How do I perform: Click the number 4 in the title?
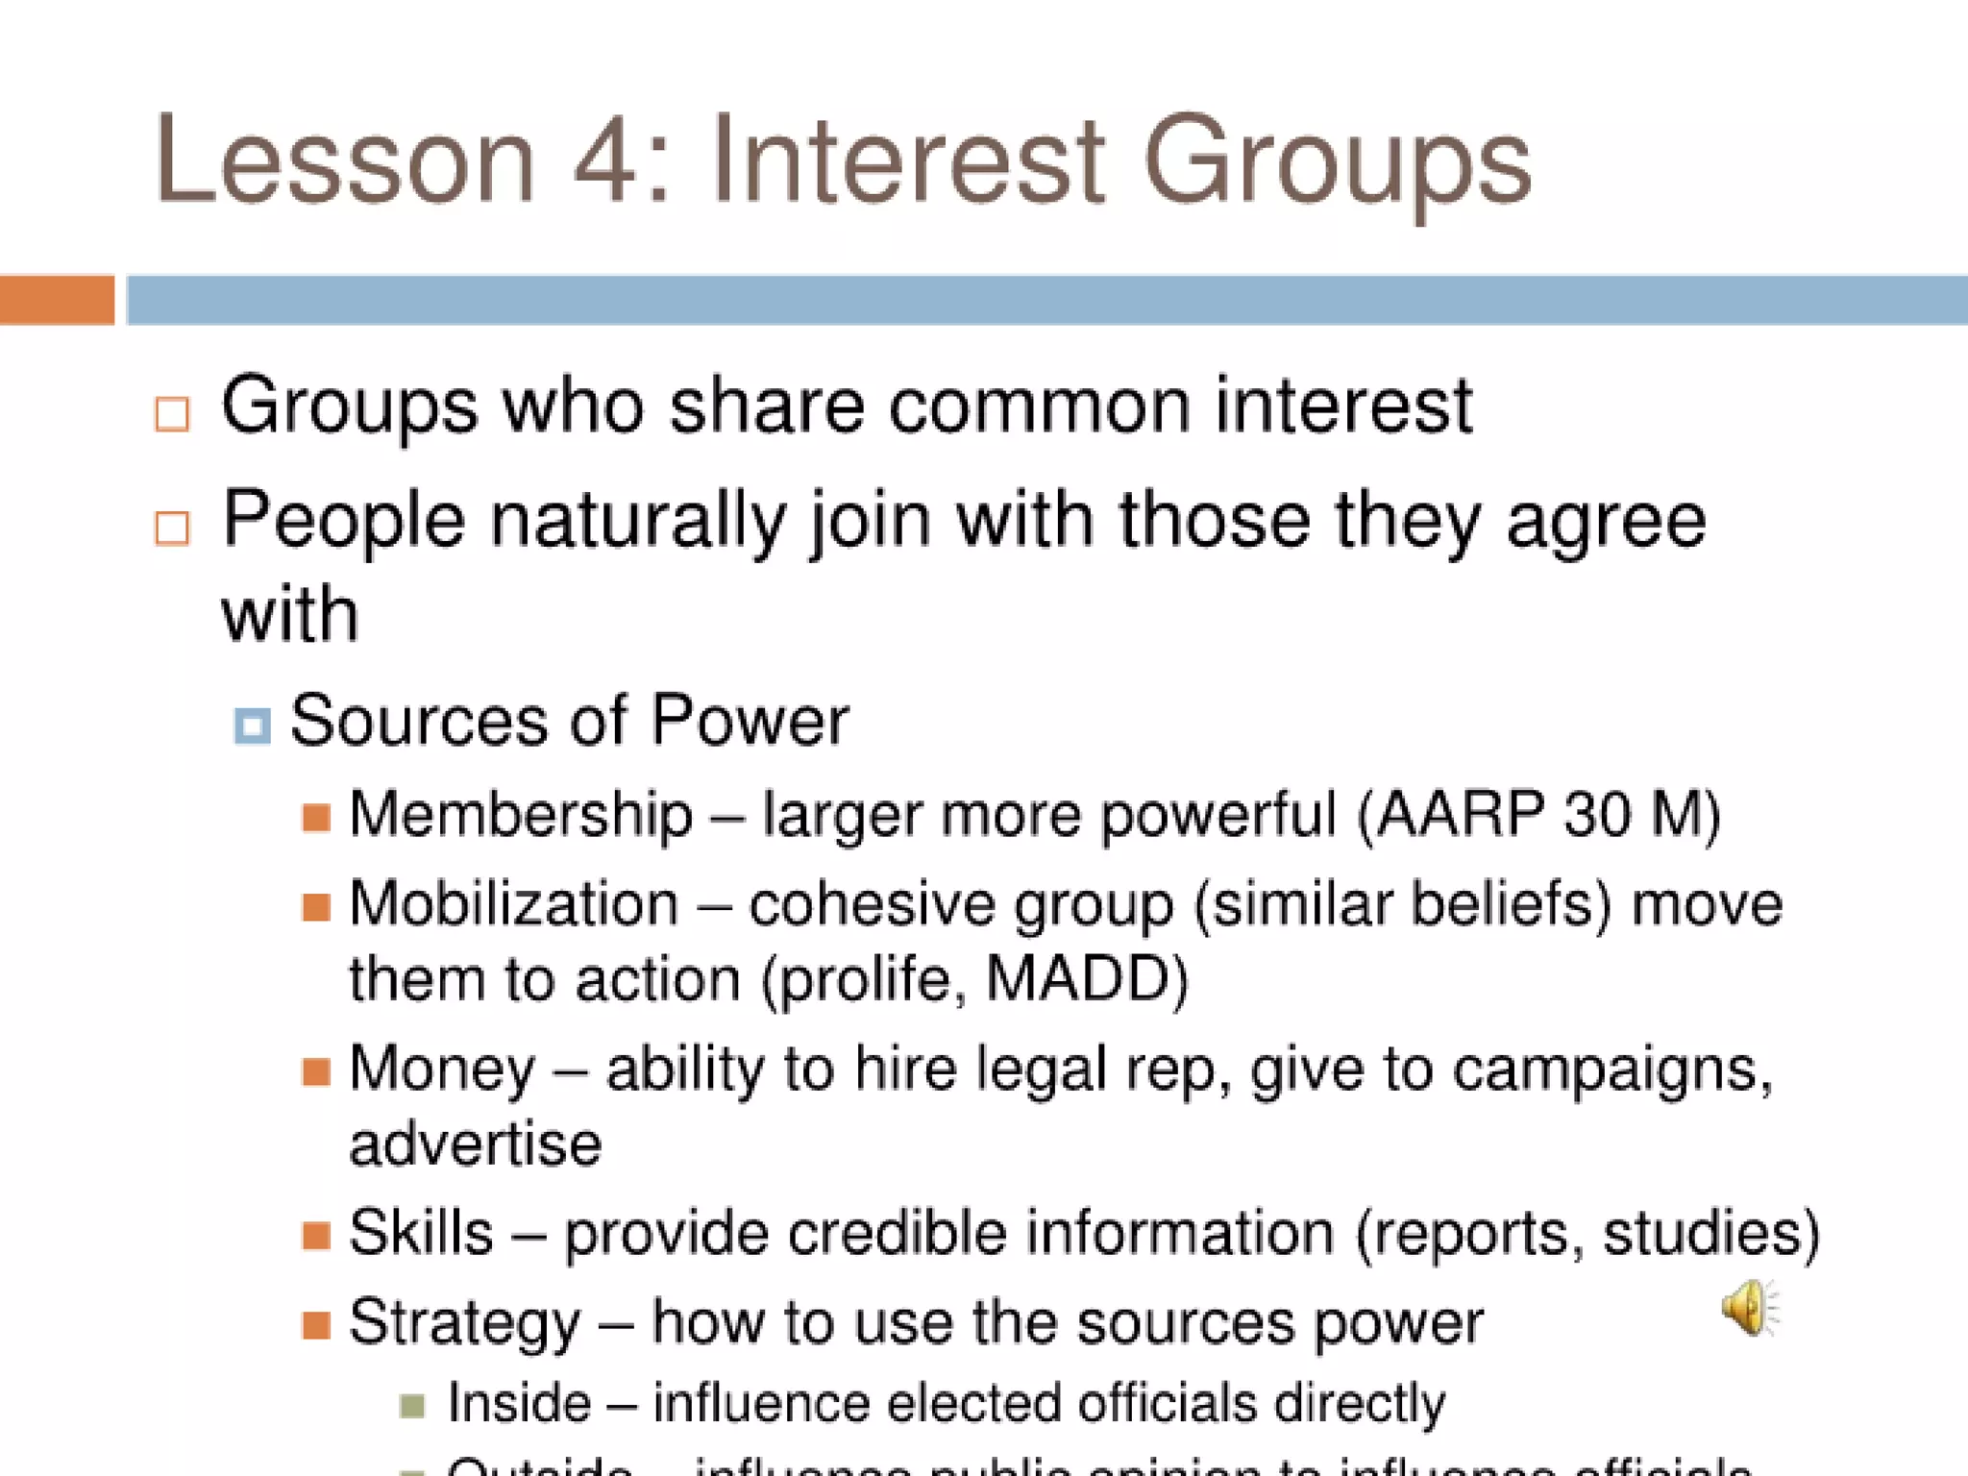606,160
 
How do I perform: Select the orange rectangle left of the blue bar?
57,300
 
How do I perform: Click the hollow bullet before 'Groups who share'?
172,414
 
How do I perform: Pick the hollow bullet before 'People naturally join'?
172,528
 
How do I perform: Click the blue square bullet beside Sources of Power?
252,726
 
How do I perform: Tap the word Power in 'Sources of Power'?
750,720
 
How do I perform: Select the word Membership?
520,814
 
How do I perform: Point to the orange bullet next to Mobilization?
316,906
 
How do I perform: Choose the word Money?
442,1069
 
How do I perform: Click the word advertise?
475,1144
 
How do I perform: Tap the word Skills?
421,1232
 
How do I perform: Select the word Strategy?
464,1323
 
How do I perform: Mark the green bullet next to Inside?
412,1406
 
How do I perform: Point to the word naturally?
637,520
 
